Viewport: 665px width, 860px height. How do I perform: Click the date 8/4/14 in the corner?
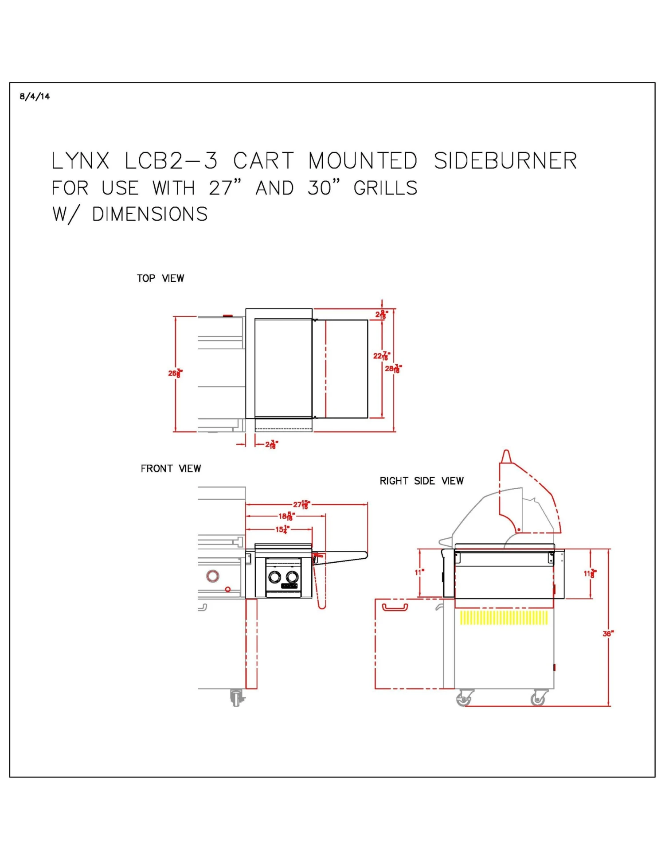tap(35, 96)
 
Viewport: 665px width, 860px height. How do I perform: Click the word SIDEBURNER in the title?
tap(505, 161)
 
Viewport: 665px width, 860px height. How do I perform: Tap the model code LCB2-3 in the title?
tap(171, 161)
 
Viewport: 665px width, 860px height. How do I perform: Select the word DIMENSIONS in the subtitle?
tap(149, 214)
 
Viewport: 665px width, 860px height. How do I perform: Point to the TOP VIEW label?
tap(160, 278)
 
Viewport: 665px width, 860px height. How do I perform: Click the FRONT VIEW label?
tap(171, 468)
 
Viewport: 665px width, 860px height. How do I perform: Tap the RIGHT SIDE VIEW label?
tap(421, 481)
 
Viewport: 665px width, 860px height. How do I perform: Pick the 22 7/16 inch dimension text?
tap(381, 356)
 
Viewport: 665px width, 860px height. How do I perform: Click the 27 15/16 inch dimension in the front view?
tap(301, 504)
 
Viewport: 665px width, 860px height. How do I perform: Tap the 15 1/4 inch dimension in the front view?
tap(282, 529)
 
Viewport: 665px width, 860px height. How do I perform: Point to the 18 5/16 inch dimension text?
tap(286, 516)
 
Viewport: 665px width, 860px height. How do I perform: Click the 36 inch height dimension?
tap(608, 634)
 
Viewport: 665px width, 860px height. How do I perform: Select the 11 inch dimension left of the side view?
tap(419, 572)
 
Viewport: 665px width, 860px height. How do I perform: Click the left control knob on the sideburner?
tap(274, 576)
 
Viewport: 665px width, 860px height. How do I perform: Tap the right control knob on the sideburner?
tap(292, 576)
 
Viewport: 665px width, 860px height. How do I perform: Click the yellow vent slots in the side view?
tap(504, 617)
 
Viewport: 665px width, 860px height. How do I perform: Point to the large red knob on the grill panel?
tap(213, 576)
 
